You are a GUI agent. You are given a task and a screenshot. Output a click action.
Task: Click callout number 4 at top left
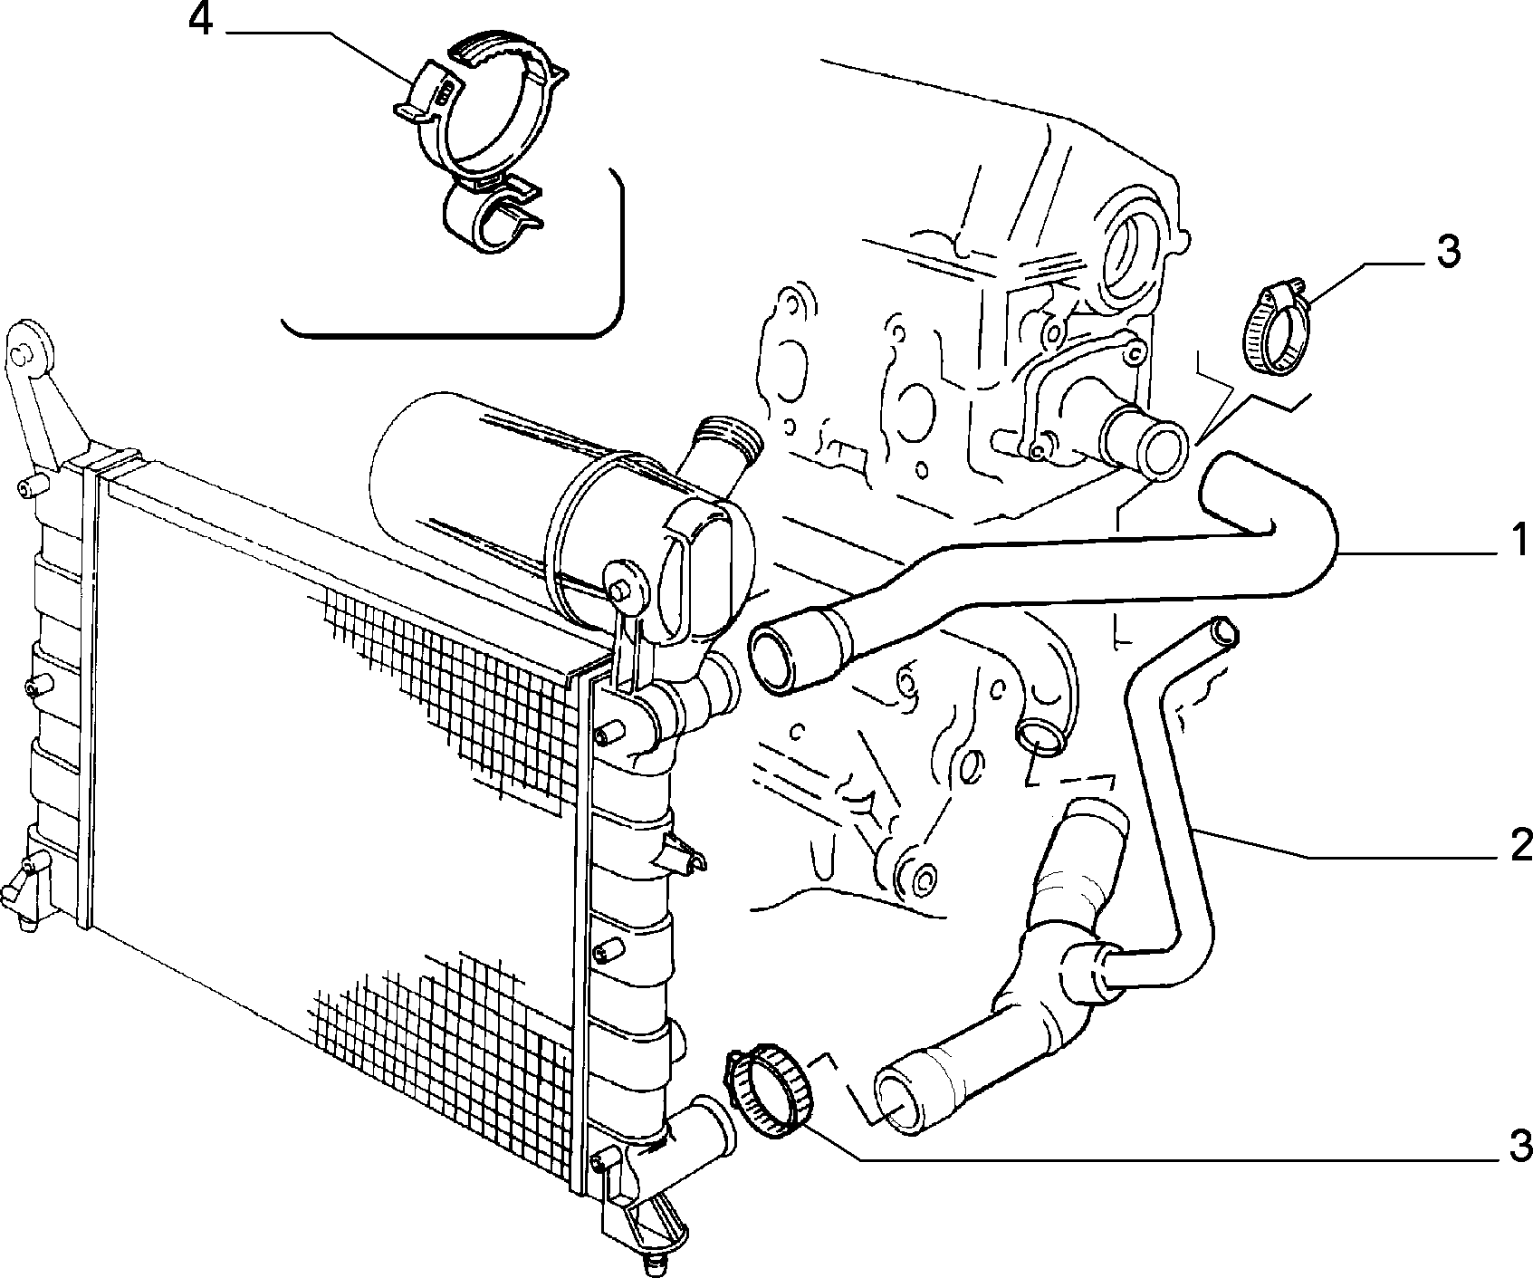[200, 21]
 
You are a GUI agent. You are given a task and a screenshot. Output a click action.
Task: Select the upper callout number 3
[1448, 252]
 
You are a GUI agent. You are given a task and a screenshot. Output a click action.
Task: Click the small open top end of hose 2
[1222, 629]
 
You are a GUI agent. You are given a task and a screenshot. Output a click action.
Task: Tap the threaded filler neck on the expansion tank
[724, 449]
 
